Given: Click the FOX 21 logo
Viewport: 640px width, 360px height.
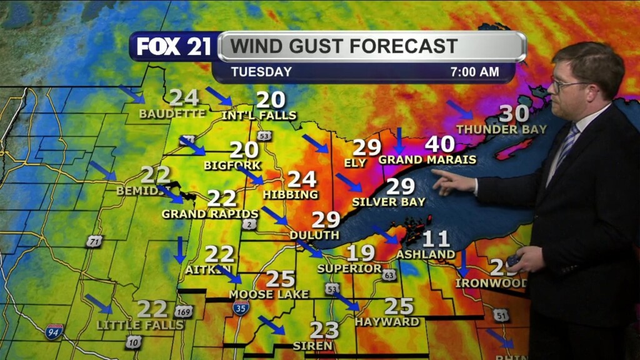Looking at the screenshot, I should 174,47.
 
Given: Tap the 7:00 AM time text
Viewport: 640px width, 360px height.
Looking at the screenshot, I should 474,72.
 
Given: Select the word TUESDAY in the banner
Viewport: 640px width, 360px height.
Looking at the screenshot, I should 261,72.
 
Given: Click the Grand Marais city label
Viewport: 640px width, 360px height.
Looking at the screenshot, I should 427,160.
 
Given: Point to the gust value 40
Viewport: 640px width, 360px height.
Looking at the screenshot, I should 439,144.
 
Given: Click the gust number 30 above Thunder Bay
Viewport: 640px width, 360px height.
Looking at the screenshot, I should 514,114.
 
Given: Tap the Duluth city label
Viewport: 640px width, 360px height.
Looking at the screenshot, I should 314,235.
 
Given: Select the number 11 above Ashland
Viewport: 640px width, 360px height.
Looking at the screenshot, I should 436,239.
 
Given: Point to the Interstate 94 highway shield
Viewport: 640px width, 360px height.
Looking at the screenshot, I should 54,331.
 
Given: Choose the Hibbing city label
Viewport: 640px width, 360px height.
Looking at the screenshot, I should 291,195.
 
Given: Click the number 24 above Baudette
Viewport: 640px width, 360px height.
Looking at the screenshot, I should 184,98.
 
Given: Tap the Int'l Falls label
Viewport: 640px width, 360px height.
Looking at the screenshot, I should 259,116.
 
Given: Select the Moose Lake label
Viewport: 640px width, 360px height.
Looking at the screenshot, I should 269,294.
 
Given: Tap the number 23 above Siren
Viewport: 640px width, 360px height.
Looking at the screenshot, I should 324,330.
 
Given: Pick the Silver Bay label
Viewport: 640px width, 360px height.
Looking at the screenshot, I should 389,202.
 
